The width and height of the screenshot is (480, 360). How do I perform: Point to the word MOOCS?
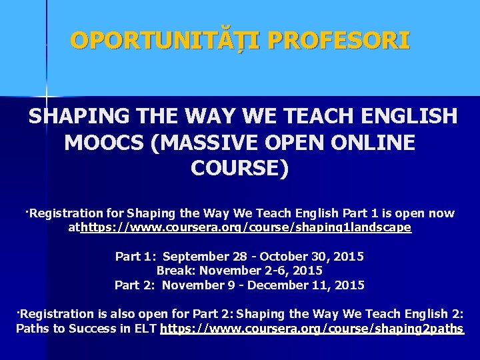click(x=104, y=143)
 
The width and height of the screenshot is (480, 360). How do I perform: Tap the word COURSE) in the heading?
click(x=240, y=168)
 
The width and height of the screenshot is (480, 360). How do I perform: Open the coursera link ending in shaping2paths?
click(x=311, y=329)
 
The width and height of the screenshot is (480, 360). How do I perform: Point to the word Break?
click(x=175, y=271)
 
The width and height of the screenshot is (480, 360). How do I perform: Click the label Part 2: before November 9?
click(x=135, y=285)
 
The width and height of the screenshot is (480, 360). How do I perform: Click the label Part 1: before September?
click(x=136, y=257)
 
